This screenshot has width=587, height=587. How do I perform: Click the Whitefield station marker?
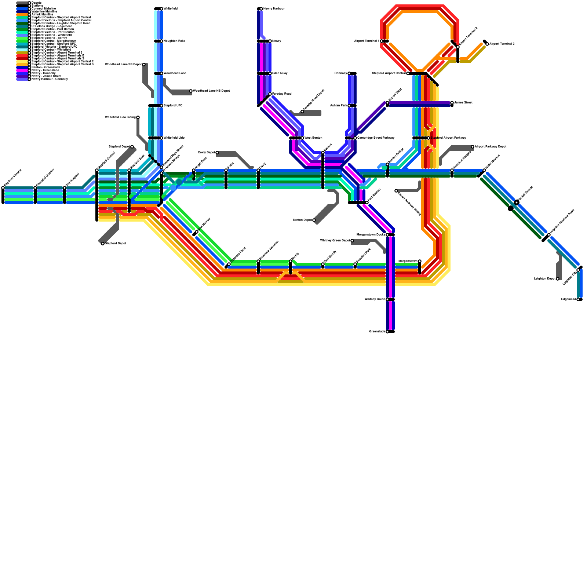[161, 9]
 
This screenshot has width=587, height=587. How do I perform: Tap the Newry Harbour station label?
[274, 9]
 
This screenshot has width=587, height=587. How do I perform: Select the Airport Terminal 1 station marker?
[382, 41]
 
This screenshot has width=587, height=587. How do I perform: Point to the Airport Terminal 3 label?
[502, 44]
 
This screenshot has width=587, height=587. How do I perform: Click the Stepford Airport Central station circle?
[408, 73]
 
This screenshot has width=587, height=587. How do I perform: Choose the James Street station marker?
[452, 103]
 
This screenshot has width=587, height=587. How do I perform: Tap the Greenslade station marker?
[387, 332]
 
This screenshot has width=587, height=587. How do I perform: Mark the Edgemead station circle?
[578, 299]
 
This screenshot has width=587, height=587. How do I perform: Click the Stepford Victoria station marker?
[3, 188]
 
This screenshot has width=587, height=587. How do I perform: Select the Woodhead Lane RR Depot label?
[211, 91]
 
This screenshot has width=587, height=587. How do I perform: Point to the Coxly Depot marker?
[217, 153]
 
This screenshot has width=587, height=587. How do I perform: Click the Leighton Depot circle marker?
[558, 279]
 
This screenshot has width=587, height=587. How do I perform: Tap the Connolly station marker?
[349, 73]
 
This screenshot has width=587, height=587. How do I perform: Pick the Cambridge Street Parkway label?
[376, 138]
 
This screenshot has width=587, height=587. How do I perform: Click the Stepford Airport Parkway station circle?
[429, 138]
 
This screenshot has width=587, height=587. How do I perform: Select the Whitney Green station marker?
[387, 299]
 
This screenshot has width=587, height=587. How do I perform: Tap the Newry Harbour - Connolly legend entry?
[50, 79]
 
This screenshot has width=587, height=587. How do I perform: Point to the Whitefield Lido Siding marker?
[138, 117]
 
